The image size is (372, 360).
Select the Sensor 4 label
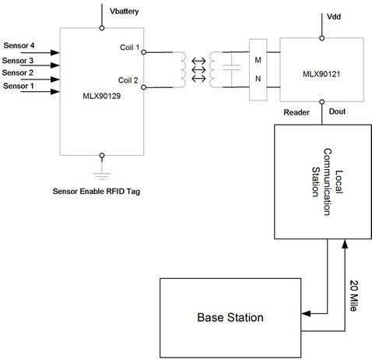(x=19, y=45)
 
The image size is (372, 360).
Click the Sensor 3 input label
(x=19, y=59)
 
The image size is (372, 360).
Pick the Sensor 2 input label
(x=19, y=72)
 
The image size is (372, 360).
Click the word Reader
(x=297, y=113)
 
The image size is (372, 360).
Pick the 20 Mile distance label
(x=353, y=296)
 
